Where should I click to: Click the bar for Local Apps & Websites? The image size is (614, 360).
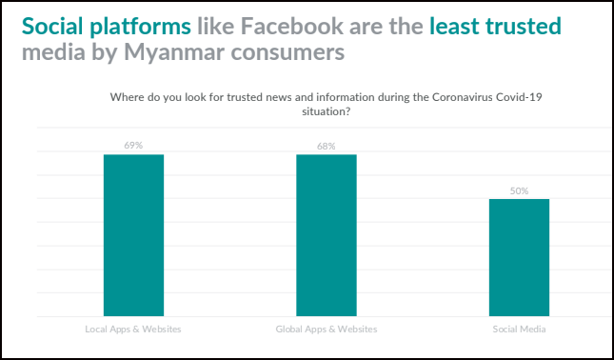pos(133,235)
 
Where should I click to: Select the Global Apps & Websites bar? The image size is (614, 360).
pos(327,235)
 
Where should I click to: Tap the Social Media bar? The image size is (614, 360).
pos(519,257)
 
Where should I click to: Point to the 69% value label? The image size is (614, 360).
pos(133,146)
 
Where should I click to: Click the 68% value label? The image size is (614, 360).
pos(327,146)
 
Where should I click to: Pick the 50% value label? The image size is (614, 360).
pos(519,190)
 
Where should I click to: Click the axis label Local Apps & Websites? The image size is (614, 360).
pos(133,330)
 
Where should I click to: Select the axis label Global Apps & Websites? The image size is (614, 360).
pos(327,330)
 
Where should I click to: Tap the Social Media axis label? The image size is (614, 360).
pos(519,330)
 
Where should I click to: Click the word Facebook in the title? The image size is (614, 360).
pos(291,26)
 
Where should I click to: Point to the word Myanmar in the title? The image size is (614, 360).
pos(166,52)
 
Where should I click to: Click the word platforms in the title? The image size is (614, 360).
pos(140,27)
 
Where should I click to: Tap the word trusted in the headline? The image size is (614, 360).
pos(524,26)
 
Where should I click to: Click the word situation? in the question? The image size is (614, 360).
pos(326,111)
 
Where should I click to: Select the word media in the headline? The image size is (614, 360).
pos(53,52)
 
